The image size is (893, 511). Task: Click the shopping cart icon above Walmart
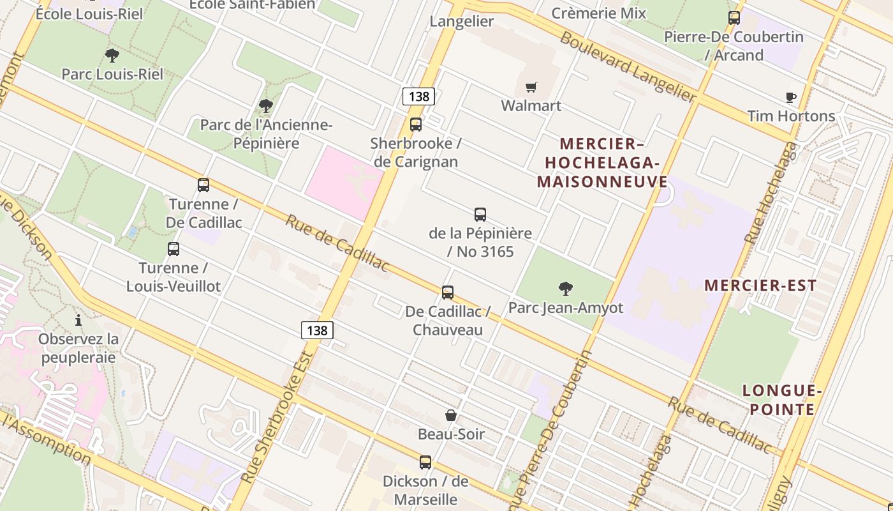tap(531, 87)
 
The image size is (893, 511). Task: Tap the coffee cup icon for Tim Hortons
tap(791, 98)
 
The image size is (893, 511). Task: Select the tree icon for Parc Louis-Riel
tap(112, 56)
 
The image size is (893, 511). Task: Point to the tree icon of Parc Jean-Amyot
tap(565, 289)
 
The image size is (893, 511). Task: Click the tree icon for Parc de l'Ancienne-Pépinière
tap(266, 106)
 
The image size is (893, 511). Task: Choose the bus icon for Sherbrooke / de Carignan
tap(416, 125)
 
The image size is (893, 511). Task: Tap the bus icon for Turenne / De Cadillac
tap(203, 185)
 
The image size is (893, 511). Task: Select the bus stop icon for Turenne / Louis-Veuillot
tap(173, 249)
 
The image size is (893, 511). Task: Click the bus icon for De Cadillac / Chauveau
tap(448, 293)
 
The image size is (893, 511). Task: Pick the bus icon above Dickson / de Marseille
tap(425, 462)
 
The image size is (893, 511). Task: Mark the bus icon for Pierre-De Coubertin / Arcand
tap(734, 18)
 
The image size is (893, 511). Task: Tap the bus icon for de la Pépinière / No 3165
tap(480, 215)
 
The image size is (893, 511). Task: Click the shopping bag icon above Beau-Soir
tap(451, 415)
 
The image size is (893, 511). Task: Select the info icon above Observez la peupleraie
tap(78, 320)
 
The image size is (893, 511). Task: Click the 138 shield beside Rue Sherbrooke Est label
tap(317, 330)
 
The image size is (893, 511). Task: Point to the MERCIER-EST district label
tap(760, 286)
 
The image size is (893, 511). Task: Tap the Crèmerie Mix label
tap(598, 13)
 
